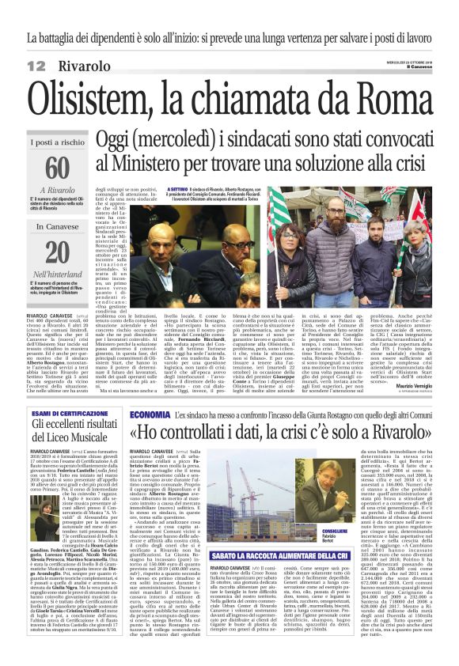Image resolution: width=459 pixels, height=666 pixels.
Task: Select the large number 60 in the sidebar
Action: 57,168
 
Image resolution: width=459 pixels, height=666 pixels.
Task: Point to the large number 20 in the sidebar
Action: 57,252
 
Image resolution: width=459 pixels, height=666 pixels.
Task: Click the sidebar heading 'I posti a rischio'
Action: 57,142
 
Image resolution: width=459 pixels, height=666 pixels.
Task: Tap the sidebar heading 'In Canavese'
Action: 57,226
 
